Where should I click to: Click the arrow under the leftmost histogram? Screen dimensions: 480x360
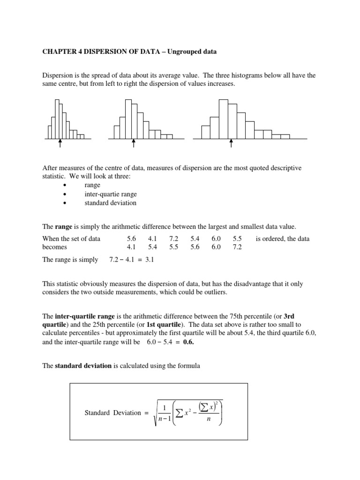60,143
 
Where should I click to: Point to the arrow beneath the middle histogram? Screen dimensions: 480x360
134,143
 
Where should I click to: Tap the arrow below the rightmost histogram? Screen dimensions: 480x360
231,143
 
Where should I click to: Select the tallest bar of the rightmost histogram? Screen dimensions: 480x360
224,120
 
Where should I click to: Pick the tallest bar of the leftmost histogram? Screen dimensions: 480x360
57,120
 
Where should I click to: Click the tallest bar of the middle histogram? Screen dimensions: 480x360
128,120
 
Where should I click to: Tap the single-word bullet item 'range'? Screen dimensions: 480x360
92,185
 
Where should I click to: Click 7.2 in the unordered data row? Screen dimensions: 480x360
174,239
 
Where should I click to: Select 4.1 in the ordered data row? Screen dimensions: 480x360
132,247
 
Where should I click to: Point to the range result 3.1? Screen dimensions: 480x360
150,260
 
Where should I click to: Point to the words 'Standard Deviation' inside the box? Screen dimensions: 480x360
112,413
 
